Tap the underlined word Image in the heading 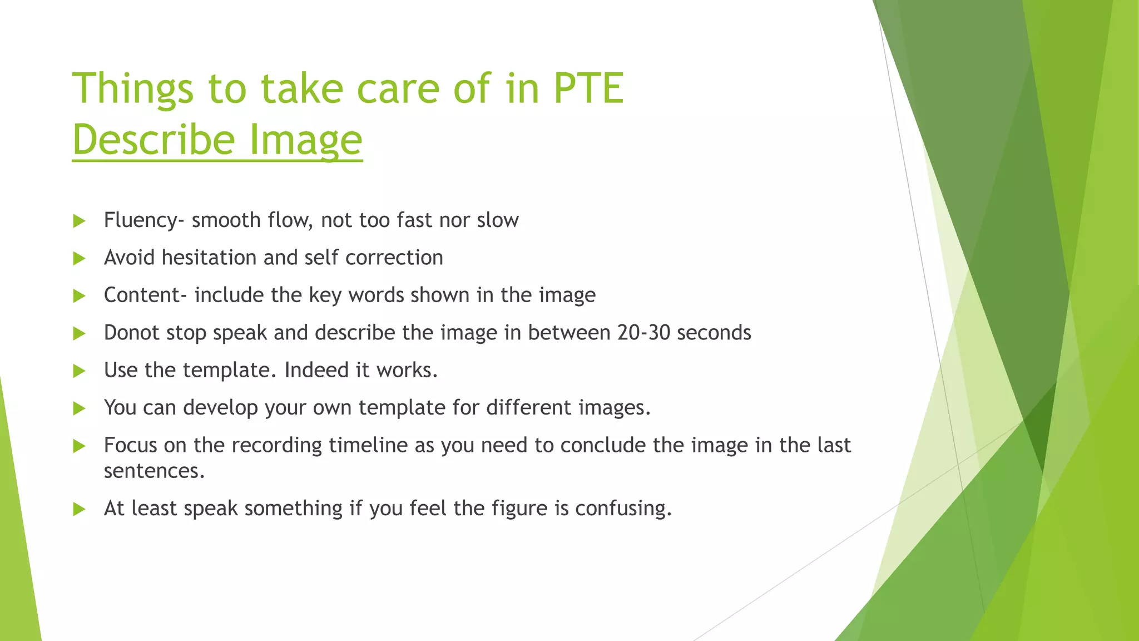[x=305, y=140]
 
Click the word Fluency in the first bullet [x=141, y=220]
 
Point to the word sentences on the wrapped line [x=154, y=471]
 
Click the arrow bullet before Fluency [x=79, y=221]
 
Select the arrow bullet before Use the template [x=79, y=371]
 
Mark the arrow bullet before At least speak [x=79, y=509]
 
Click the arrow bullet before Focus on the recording [x=79, y=446]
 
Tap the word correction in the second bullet [x=394, y=258]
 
